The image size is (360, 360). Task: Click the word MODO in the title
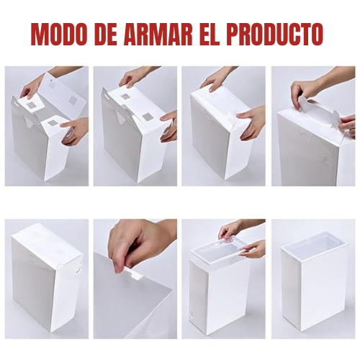click(x=58, y=34)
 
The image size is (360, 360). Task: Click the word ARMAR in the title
click(x=158, y=34)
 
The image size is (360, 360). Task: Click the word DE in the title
click(x=105, y=34)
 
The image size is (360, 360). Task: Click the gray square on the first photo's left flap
click(x=32, y=105)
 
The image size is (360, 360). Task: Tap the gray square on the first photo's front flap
click(x=52, y=123)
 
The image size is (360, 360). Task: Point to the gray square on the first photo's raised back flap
click(x=72, y=100)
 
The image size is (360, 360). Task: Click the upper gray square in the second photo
click(x=125, y=96)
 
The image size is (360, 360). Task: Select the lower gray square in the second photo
click(x=146, y=117)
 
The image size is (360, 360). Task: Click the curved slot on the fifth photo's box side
click(x=76, y=268)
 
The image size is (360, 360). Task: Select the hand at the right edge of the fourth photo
click(x=348, y=125)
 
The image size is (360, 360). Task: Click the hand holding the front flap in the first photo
click(x=74, y=131)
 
